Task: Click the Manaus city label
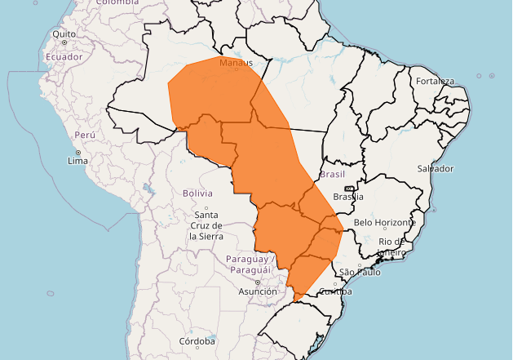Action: point(236,63)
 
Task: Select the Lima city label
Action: point(77,162)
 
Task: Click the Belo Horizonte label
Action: point(385,223)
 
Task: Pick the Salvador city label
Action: point(435,168)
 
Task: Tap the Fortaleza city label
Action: point(434,81)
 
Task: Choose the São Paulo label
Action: point(360,272)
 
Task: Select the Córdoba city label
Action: point(197,340)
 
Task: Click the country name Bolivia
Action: point(197,193)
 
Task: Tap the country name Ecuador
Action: point(64,57)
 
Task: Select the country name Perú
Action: point(85,135)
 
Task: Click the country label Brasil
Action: point(333,175)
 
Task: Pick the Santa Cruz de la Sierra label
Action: point(206,224)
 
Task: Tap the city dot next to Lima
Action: point(78,153)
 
